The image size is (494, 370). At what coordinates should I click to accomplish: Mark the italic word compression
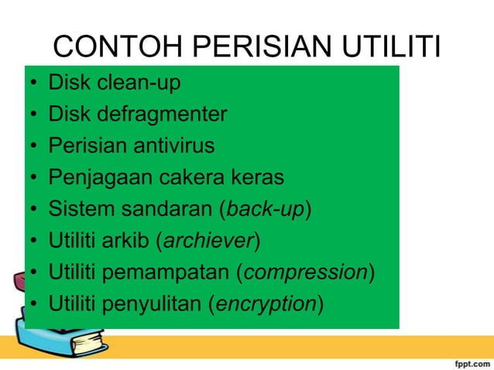pos(306,272)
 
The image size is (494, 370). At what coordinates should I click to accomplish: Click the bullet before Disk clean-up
pos(34,83)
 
